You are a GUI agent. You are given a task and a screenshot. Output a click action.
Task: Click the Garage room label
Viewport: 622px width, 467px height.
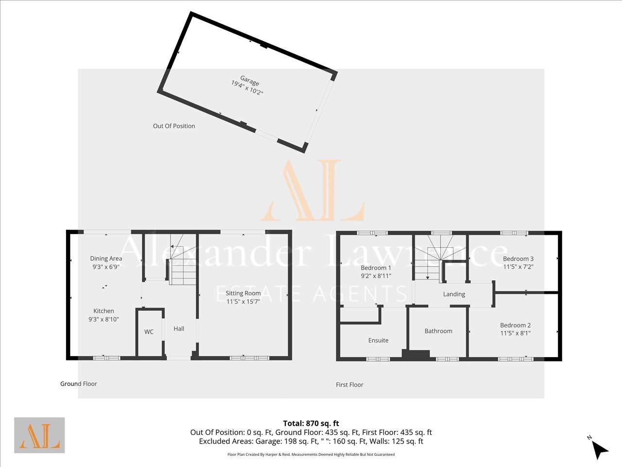[249, 81]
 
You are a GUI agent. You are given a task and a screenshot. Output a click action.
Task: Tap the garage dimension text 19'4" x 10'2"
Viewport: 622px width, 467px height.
[247, 88]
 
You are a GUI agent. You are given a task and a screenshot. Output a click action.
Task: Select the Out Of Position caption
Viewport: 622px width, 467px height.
[174, 126]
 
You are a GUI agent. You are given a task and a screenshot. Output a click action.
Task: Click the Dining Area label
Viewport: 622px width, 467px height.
[106, 258]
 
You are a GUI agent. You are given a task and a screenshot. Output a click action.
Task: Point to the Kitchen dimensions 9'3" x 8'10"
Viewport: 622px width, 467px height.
[104, 319]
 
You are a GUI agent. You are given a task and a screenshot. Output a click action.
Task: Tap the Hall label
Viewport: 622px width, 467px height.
[179, 329]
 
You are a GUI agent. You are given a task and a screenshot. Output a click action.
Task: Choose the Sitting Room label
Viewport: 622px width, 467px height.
[243, 293]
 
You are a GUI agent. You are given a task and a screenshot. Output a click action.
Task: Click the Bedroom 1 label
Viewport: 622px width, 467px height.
[376, 268]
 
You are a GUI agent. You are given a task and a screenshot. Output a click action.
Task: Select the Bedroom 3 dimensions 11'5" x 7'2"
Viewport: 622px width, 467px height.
[518, 267]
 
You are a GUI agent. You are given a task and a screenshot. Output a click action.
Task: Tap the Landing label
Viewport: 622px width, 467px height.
[454, 294]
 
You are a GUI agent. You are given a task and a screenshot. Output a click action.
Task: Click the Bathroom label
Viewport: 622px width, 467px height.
[438, 331]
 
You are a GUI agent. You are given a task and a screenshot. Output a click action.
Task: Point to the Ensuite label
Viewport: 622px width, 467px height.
[378, 340]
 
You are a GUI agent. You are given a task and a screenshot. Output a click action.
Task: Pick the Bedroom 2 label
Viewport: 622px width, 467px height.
[516, 325]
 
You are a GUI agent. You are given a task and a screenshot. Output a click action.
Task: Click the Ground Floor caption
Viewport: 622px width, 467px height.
[79, 384]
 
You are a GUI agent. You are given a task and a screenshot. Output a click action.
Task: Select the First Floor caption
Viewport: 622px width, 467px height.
[349, 385]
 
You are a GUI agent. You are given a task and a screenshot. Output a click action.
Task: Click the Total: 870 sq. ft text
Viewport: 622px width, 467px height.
[311, 423]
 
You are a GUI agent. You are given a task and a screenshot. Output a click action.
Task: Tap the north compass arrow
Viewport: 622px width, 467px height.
[600, 449]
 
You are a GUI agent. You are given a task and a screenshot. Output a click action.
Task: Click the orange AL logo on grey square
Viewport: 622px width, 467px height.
[39, 435]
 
